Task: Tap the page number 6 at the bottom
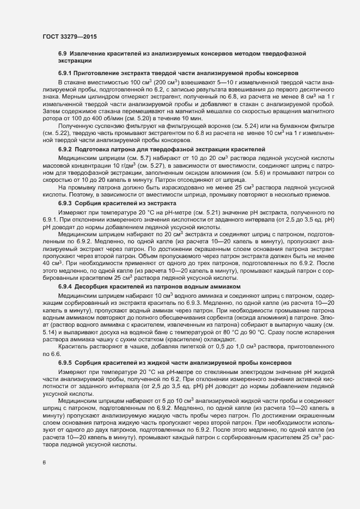click(44, 463)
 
